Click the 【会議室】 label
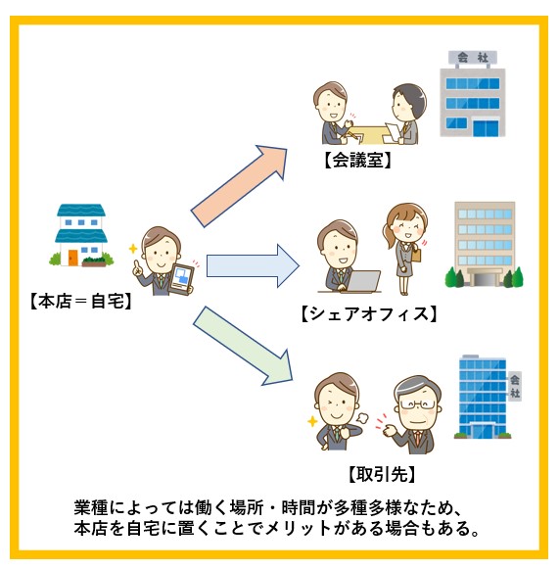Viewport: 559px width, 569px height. [357, 160]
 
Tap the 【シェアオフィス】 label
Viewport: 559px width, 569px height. [369, 314]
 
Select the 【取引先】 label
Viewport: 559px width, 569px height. [382, 474]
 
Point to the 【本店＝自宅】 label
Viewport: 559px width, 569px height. [80, 302]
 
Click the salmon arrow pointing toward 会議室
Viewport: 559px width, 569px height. [239, 186]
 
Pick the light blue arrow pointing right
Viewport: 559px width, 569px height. [253, 266]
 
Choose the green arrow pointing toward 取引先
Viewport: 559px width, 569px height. [243, 346]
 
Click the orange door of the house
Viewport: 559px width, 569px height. [72, 258]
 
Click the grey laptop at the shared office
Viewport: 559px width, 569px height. [362, 281]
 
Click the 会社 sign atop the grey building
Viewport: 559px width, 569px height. [473, 58]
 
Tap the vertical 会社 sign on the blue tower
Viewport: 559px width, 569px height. [515, 386]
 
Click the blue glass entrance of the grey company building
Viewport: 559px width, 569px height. [486, 128]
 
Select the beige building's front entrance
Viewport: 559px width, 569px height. [485, 277]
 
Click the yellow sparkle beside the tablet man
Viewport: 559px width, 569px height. [133, 249]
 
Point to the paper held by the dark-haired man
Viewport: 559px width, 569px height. [393, 132]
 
